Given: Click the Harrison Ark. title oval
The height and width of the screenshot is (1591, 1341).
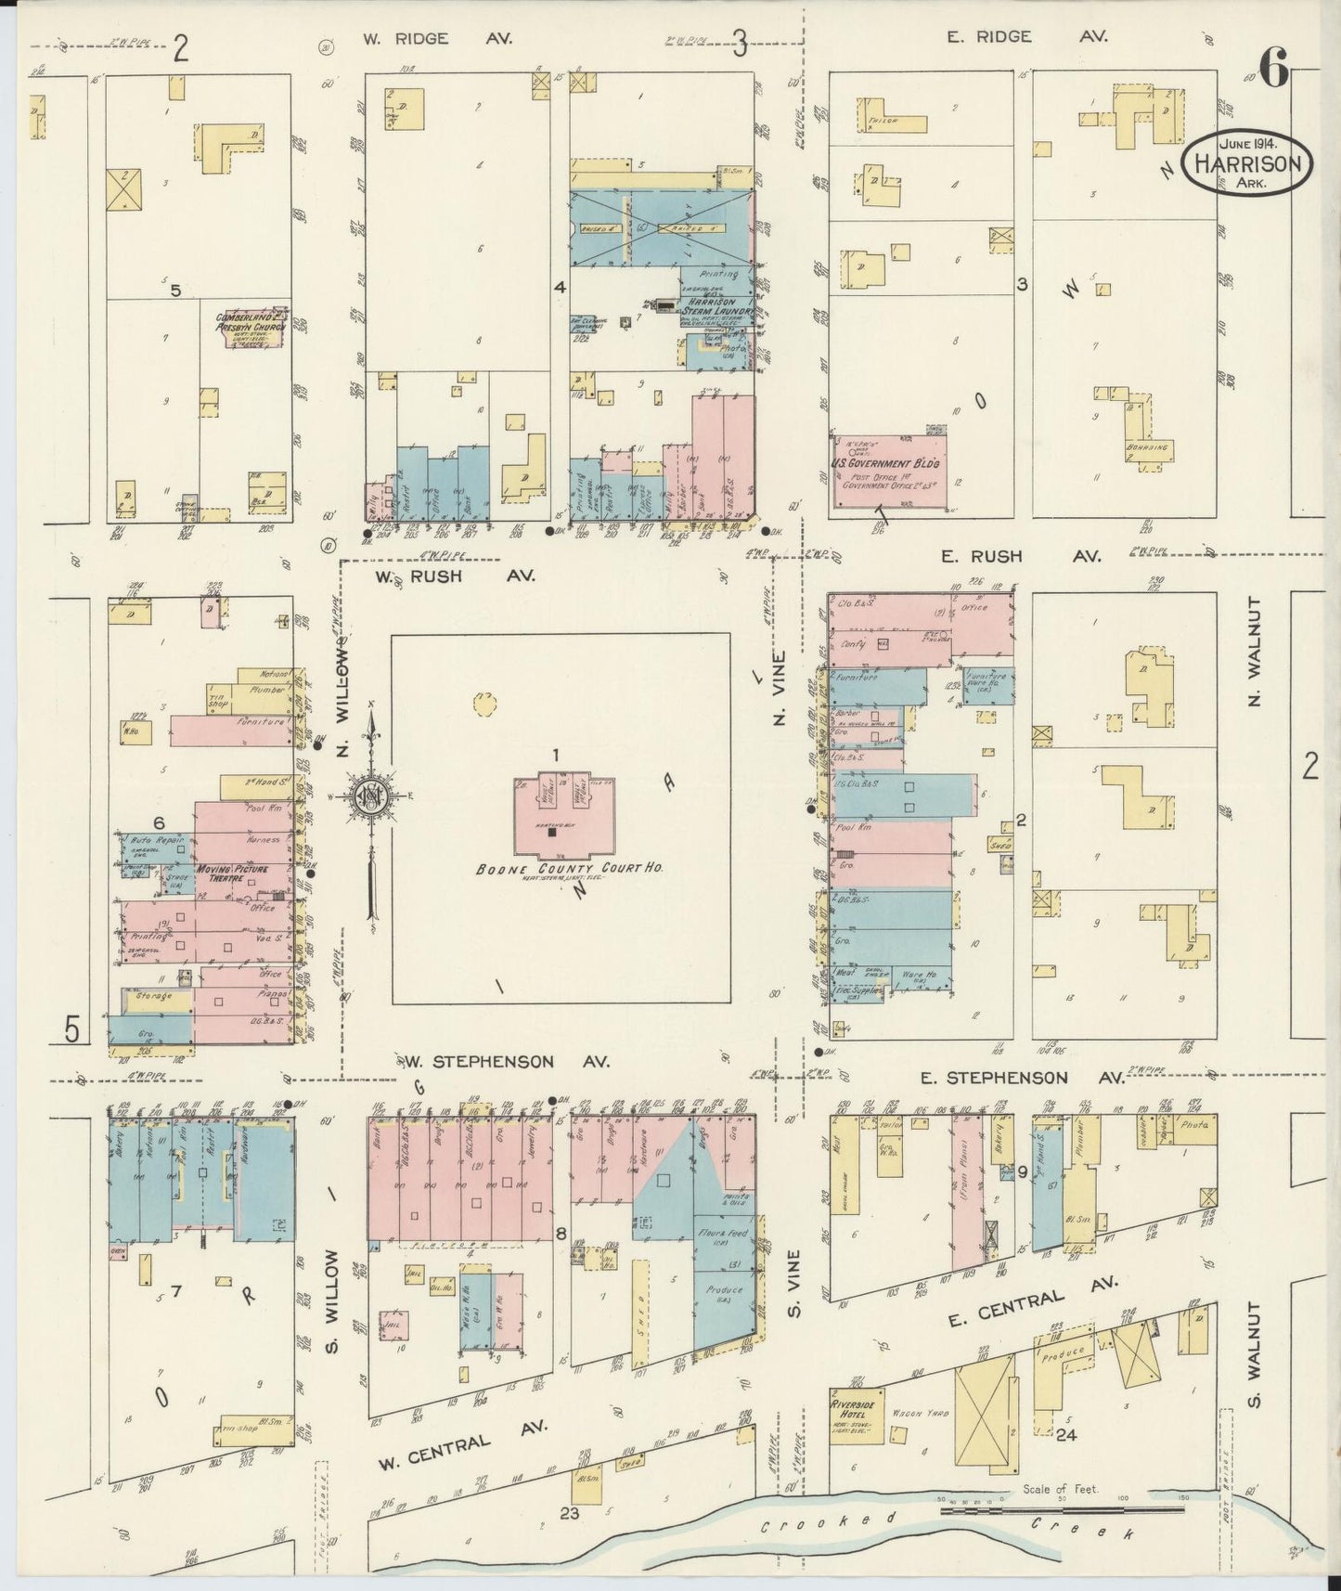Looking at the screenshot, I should click(x=1248, y=164).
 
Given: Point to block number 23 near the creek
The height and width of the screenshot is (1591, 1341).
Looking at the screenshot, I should click(x=569, y=1513).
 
